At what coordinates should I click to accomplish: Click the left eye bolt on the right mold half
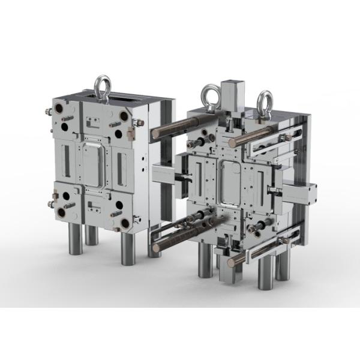[209, 95]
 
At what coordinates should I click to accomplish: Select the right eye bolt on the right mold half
[265, 102]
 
